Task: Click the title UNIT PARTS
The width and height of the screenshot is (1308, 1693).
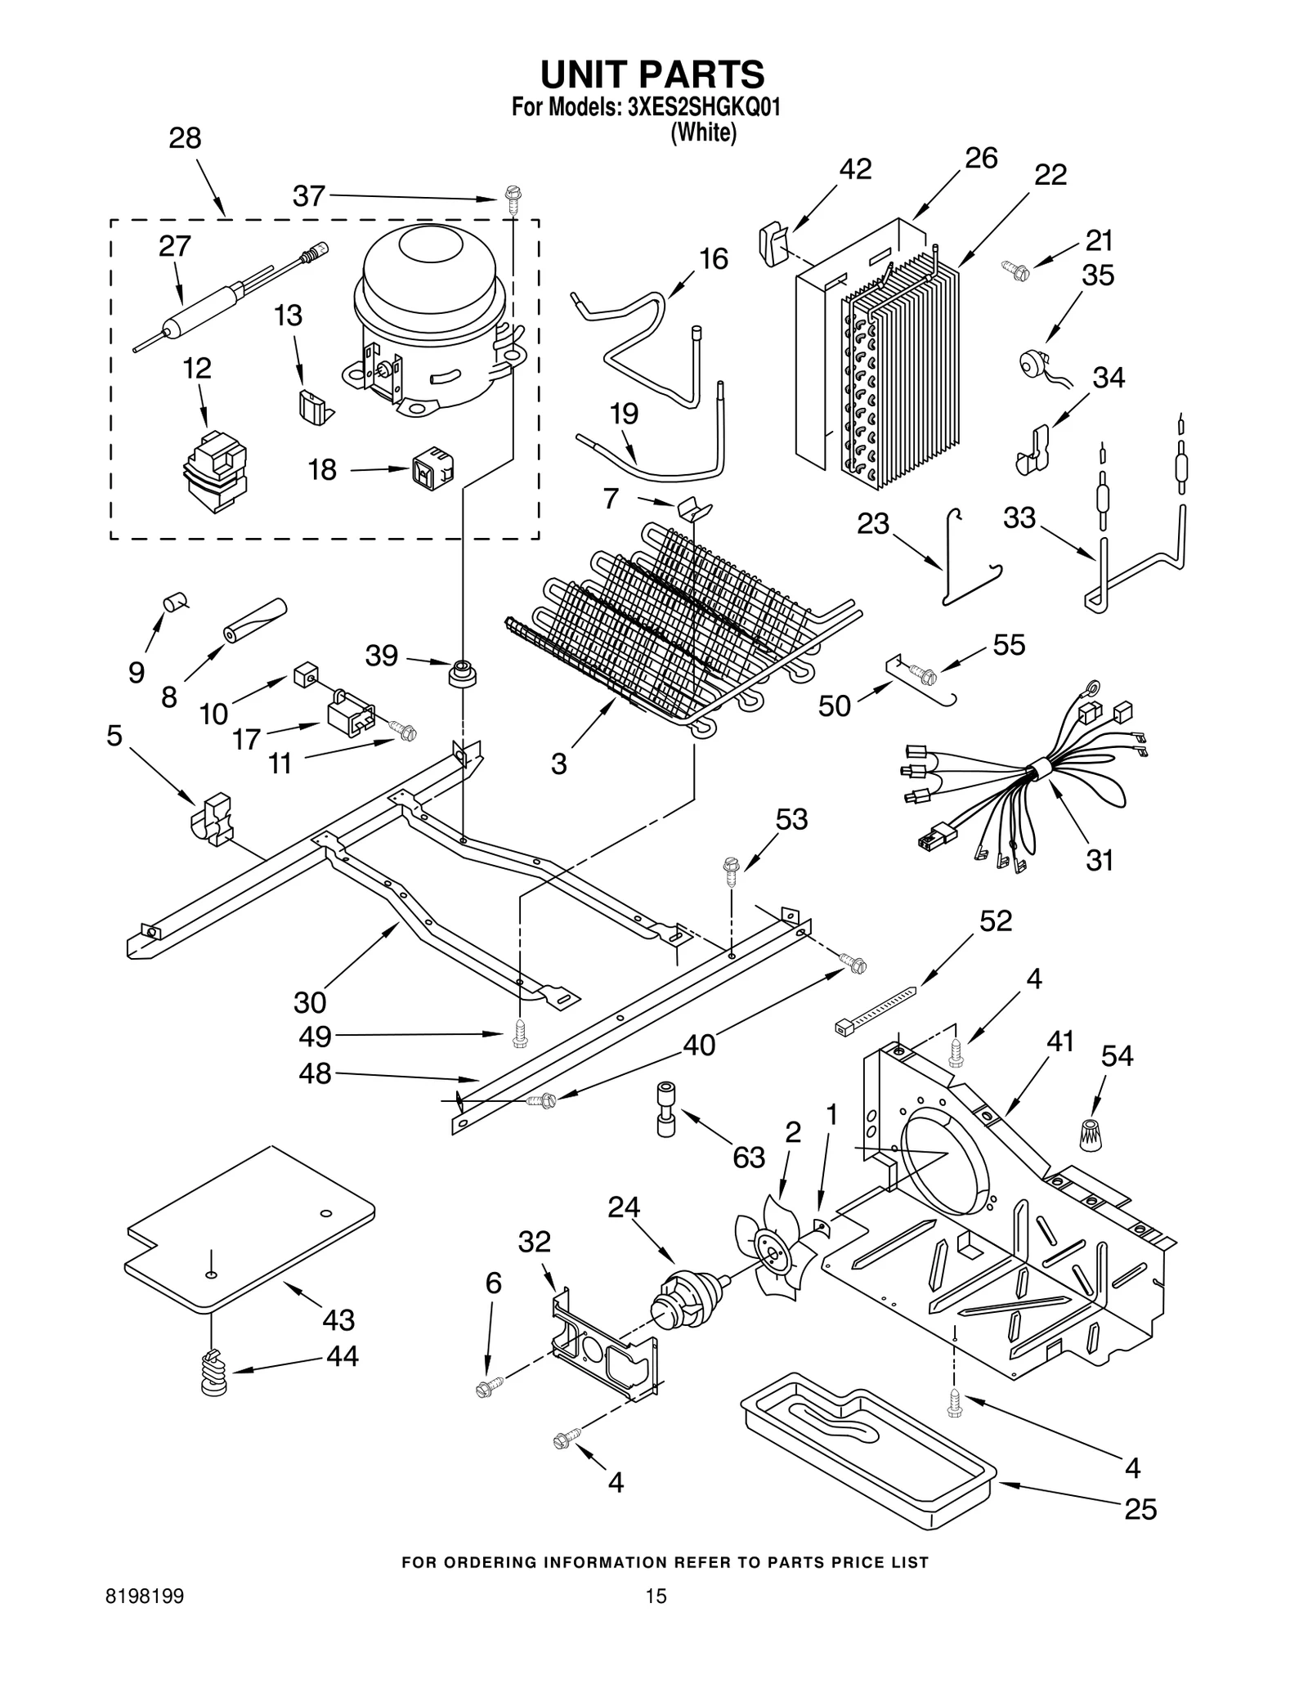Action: click(x=652, y=74)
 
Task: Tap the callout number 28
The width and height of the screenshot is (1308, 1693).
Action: click(x=185, y=138)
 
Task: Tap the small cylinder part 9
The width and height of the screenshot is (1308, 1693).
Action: click(x=174, y=603)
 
